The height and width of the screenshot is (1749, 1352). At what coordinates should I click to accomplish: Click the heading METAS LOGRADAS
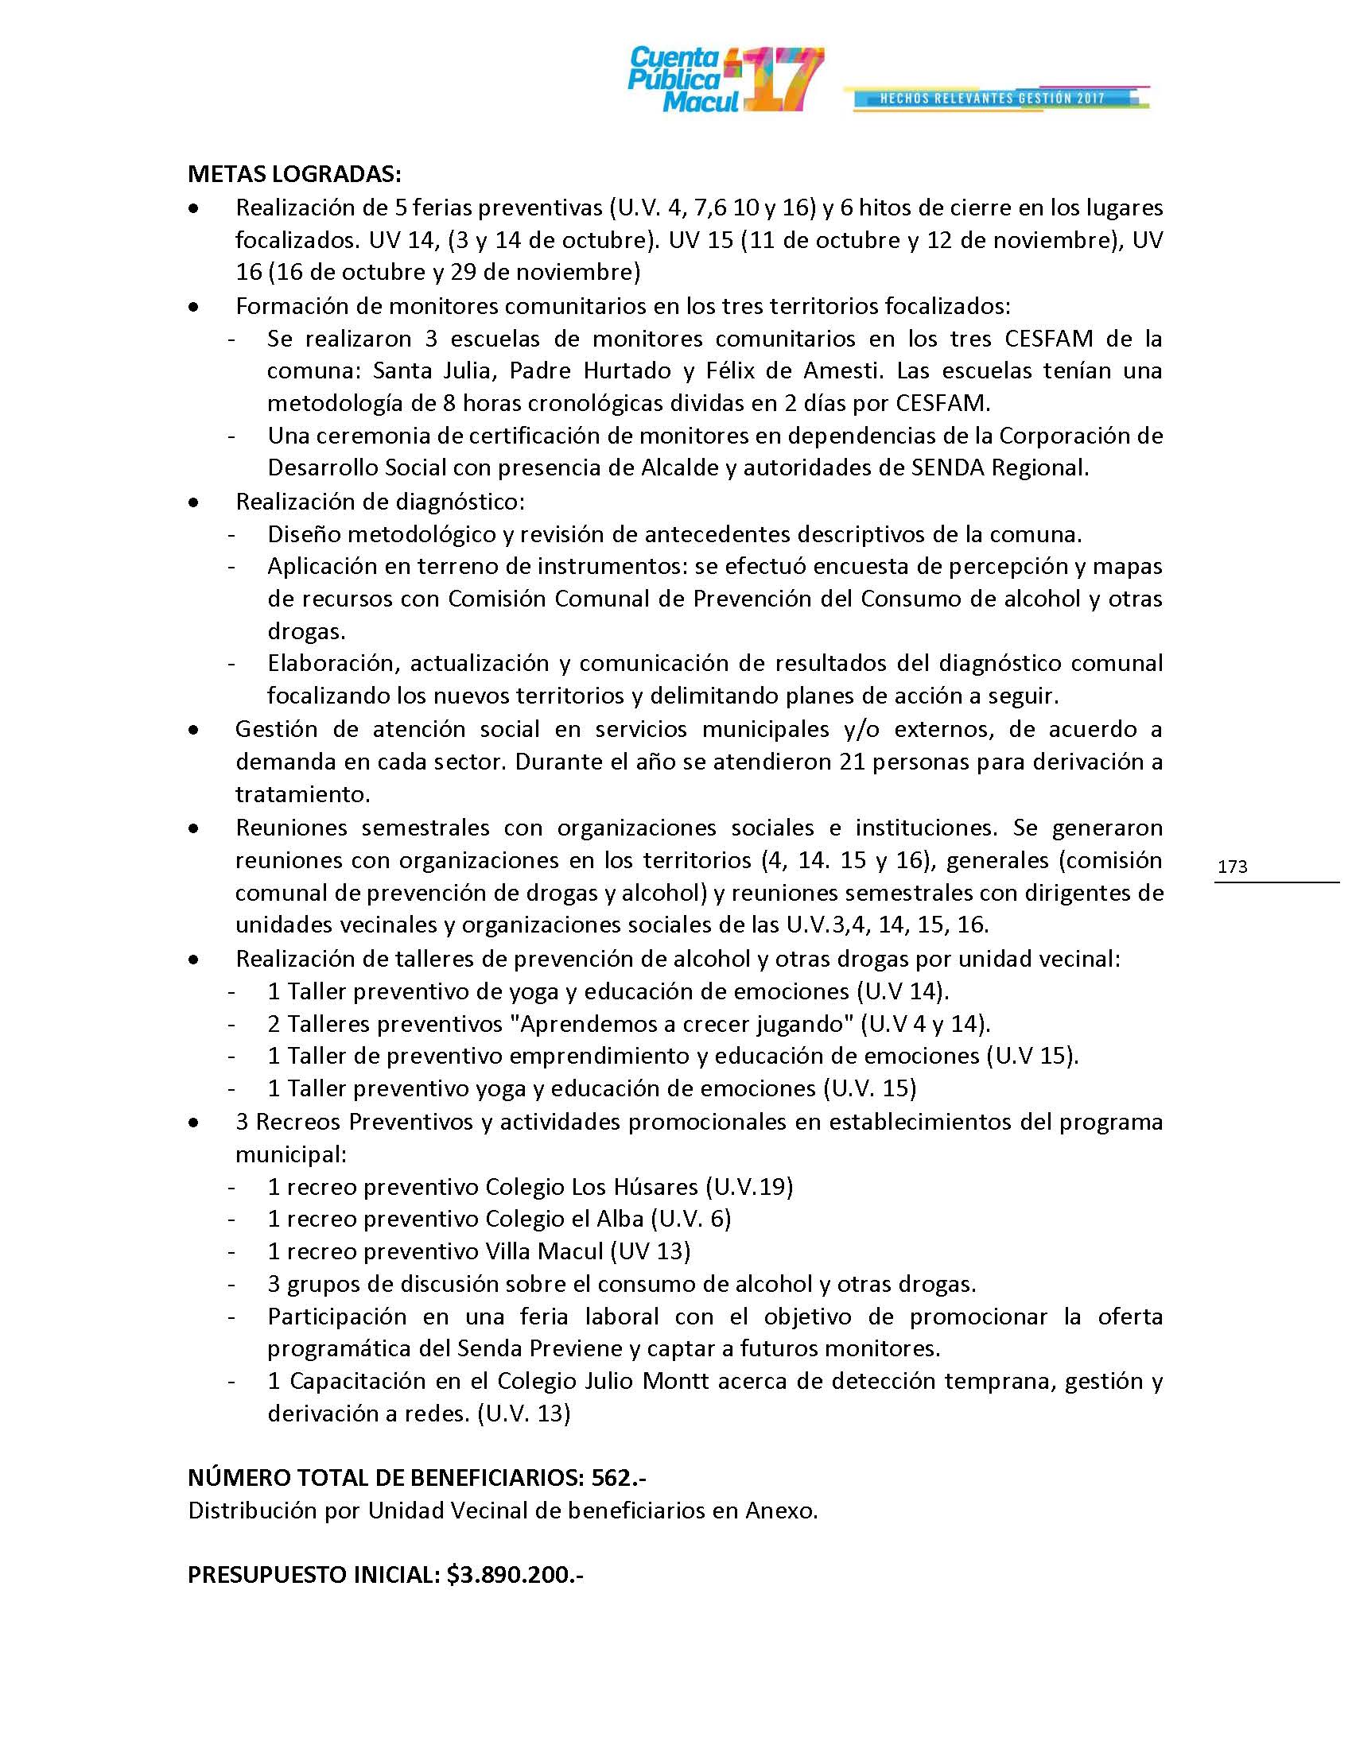pyautogui.click(x=294, y=174)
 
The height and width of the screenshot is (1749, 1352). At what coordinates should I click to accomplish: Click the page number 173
pyautogui.click(x=1232, y=867)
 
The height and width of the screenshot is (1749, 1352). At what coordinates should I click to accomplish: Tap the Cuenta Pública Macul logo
pyautogui.click(x=725, y=79)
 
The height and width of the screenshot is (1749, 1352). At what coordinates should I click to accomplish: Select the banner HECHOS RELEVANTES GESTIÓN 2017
pyautogui.click(x=993, y=99)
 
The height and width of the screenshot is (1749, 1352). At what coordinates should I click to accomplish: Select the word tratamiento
pyautogui.click(x=302, y=794)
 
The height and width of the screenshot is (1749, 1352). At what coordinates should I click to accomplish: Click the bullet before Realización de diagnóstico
pyautogui.click(x=193, y=503)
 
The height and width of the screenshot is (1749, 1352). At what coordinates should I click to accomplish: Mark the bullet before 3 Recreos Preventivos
pyautogui.click(x=193, y=1123)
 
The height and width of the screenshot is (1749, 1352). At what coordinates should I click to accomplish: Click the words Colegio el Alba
pyautogui.click(x=565, y=1218)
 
